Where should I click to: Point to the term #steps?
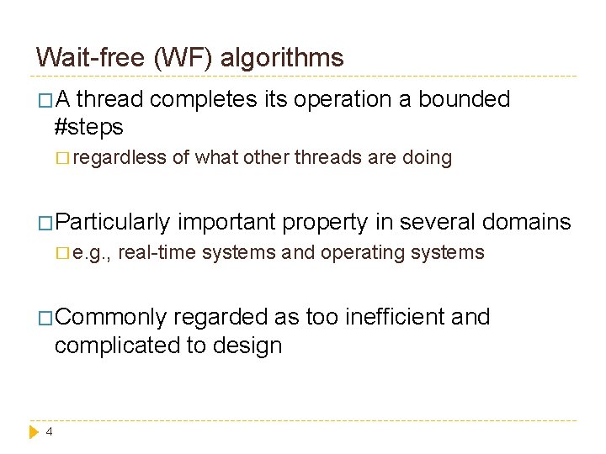point(88,127)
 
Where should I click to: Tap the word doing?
point(429,157)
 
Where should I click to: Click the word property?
point(325,222)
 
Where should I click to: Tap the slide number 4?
point(49,432)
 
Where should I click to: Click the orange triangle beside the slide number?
point(35,432)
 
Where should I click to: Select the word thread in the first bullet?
point(113,99)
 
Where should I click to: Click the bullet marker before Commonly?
point(45,318)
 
